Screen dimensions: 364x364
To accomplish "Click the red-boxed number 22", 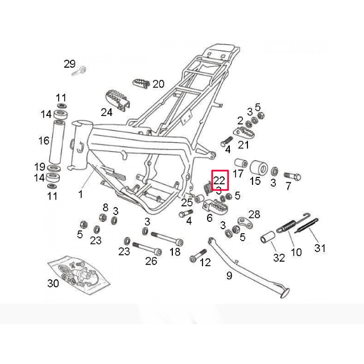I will (220, 181).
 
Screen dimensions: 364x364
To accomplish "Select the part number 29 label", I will (69, 63).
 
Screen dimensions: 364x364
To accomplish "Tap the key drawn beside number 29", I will (80, 71).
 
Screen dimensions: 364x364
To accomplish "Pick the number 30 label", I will (53, 283).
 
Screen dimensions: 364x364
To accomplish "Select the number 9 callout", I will (229, 276).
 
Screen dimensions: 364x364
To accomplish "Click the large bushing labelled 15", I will (259, 168).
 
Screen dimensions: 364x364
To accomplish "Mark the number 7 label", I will (288, 186).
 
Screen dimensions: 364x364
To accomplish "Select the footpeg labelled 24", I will (116, 100).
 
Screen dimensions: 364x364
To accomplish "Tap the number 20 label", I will (158, 84).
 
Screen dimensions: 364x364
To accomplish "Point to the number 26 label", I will (151, 261).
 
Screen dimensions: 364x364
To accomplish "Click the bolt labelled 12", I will (196, 258).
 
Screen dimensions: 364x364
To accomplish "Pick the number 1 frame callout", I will (80, 194).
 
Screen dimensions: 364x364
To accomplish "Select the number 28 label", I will (254, 214).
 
